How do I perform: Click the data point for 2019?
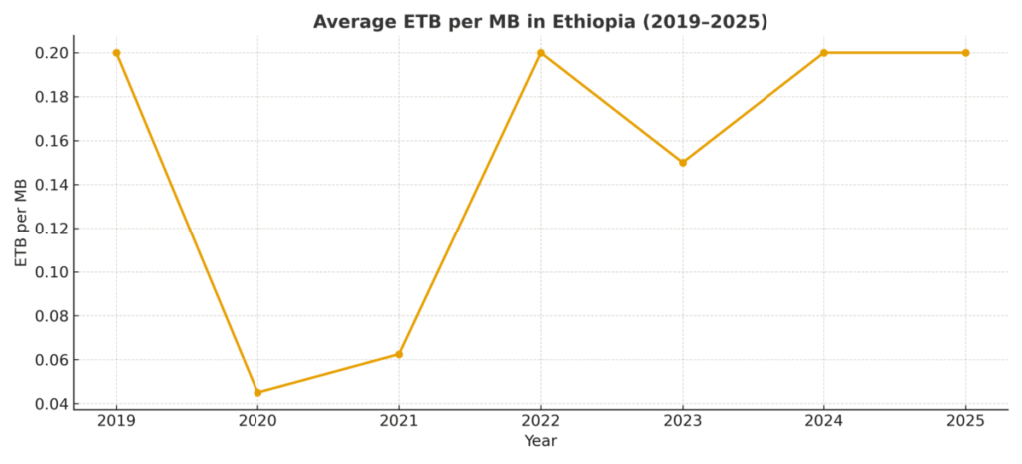coord(116,53)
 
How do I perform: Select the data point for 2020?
coord(257,392)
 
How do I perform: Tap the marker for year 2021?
coord(399,354)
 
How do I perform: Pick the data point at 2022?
coord(541,53)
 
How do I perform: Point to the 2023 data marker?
coord(683,163)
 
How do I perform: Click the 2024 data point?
coord(824,53)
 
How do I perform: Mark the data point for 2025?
coord(965,53)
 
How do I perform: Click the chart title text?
coord(540,21)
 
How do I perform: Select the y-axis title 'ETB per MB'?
coord(21,223)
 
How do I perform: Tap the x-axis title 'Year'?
coord(540,441)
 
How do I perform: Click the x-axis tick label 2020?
coord(257,422)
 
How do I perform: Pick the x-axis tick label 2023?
coord(683,422)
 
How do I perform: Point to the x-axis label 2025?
coord(965,422)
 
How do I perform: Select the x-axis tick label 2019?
coord(116,422)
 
